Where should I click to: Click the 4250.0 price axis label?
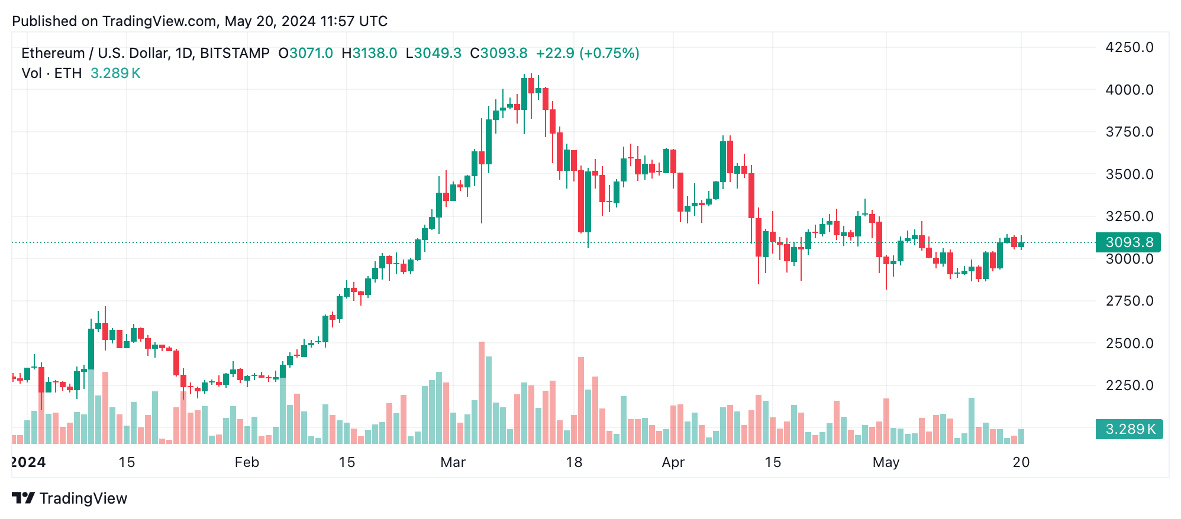click(x=1129, y=47)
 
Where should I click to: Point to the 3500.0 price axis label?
click(x=1129, y=174)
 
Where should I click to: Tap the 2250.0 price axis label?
click(x=1129, y=385)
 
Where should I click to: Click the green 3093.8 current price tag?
click(x=1128, y=242)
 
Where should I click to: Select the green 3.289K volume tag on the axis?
click(x=1129, y=429)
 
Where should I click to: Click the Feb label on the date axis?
click(x=247, y=462)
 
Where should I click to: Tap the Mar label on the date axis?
click(x=453, y=462)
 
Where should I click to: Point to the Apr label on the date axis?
click(x=673, y=462)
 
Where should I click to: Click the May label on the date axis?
click(x=886, y=462)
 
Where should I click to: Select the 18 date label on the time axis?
click(x=574, y=462)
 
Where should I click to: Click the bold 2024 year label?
click(x=28, y=462)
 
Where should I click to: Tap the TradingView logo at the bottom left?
click(x=70, y=498)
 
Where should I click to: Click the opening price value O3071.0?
click(x=306, y=53)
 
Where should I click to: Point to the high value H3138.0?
click(x=369, y=53)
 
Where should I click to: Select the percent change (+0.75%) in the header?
click(x=609, y=53)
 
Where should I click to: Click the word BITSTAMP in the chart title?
click(x=235, y=53)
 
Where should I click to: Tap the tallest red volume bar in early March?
click(x=482, y=393)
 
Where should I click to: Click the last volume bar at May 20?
click(x=1021, y=436)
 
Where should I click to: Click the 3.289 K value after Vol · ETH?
click(x=115, y=73)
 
